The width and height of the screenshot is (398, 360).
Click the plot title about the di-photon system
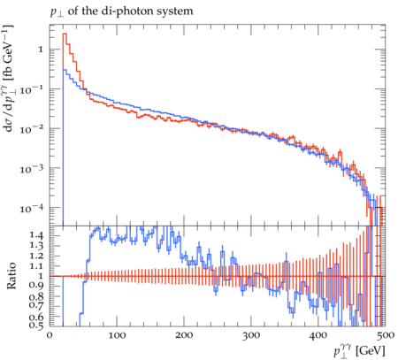pyautogui.click(x=122, y=11)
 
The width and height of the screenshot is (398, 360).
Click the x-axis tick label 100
pyautogui.click(x=117, y=335)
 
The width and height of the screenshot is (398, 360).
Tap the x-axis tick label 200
pyautogui.click(x=184, y=335)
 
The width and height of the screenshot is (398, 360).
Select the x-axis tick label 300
pyautogui.click(x=251, y=335)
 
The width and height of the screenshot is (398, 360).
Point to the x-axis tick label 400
pyautogui.click(x=318, y=335)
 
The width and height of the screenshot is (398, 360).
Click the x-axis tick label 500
pyautogui.click(x=385, y=335)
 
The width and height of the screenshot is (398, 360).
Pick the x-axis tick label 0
pyautogui.click(x=50, y=335)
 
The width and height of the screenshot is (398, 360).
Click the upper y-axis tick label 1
pyautogui.click(x=41, y=50)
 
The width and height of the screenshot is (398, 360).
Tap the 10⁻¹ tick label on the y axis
pyautogui.click(x=31, y=88)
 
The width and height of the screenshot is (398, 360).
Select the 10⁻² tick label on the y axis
pyautogui.click(x=31, y=128)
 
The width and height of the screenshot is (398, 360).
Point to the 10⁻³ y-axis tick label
pyautogui.click(x=31, y=168)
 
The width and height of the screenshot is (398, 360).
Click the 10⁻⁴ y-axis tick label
pyautogui.click(x=31, y=208)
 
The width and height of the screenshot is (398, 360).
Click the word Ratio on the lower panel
pyautogui.click(x=11, y=275)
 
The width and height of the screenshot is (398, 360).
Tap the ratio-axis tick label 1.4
pyautogui.click(x=36, y=235)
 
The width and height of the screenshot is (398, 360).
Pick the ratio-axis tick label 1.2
pyautogui.click(x=36, y=256)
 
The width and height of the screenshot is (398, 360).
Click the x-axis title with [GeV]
pyautogui.click(x=360, y=351)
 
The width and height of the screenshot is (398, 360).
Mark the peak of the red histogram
pyautogui.click(x=65, y=34)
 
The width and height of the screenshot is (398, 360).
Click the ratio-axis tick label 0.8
pyautogui.click(x=36, y=295)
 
